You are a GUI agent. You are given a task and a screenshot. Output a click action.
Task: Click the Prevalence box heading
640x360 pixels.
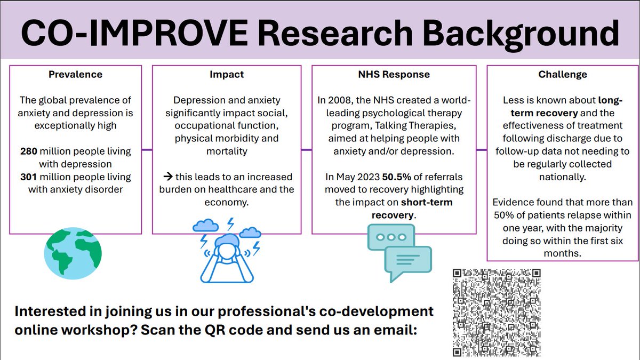[75, 75]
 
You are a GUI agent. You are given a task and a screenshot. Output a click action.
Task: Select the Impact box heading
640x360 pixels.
[226, 75]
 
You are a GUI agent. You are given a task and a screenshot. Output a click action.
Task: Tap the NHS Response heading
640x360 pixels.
[394, 75]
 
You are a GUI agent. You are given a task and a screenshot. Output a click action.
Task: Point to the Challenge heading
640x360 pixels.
[563, 75]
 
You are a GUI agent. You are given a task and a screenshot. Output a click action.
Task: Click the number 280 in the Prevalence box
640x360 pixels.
[28, 151]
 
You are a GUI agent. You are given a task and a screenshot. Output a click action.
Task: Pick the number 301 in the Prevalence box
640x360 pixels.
[28, 177]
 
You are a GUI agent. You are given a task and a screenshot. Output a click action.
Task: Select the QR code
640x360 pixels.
[497, 313]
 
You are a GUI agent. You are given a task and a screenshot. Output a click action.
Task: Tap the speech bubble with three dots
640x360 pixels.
[390, 237]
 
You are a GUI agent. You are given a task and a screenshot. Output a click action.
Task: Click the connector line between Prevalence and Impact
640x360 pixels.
[147, 150]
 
